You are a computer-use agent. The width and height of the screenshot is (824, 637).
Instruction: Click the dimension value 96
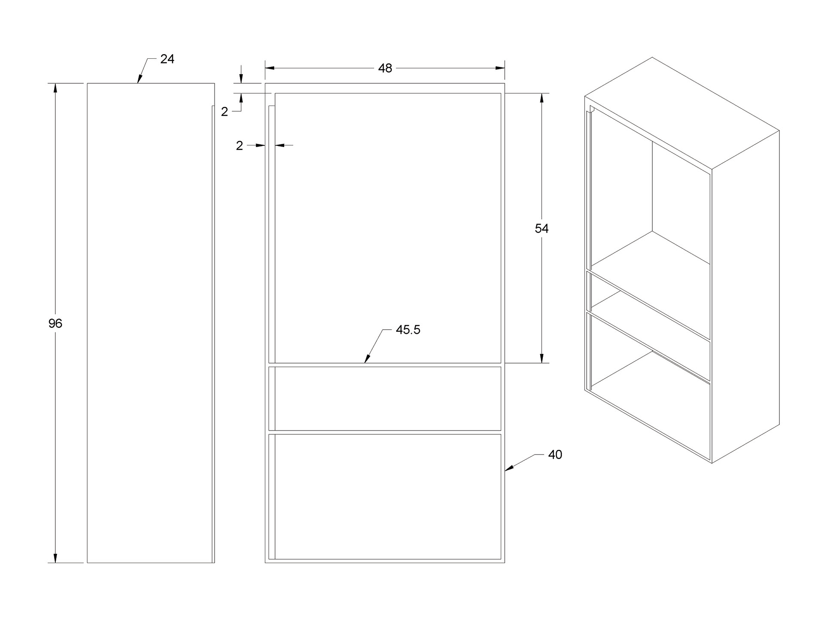(x=55, y=324)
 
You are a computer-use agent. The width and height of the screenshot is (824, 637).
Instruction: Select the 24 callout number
(x=167, y=59)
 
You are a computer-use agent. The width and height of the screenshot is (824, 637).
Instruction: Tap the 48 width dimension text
(x=385, y=68)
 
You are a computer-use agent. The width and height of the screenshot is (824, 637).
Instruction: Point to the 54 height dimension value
(x=542, y=228)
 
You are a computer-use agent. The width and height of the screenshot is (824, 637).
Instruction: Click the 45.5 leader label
(x=408, y=330)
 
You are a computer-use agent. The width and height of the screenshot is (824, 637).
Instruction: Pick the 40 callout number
(x=555, y=455)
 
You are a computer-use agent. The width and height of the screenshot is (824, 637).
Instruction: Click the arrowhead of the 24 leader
(x=139, y=80)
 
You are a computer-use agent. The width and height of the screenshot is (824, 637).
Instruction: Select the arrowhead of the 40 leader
(x=508, y=470)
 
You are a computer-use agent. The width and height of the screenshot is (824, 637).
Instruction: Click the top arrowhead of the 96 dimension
(x=55, y=87)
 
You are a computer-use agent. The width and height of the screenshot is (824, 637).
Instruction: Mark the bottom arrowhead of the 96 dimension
(x=55, y=558)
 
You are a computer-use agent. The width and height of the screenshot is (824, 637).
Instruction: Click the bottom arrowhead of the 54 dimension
(x=542, y=359)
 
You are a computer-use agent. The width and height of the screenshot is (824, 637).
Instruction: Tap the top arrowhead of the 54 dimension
(x=542, y=97)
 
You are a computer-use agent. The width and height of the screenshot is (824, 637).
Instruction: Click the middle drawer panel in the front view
(x=388, y=398)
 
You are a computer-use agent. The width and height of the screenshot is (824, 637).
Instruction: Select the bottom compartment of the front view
(x=388, y=496)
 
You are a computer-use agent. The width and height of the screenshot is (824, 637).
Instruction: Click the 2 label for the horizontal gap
(x=239, y=146)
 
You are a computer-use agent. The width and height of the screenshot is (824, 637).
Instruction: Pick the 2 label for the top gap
(x=224, y=112)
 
